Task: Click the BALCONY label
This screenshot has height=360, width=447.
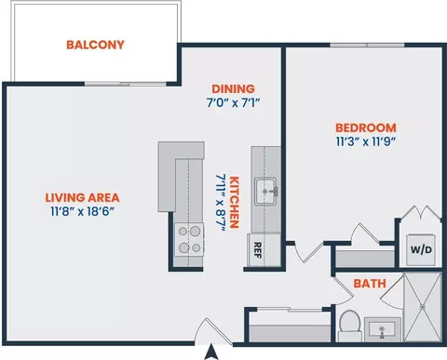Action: tap(95, 45)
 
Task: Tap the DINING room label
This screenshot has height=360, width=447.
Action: tap(234, 89)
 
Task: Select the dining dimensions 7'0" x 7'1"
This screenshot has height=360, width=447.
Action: tap(234, 102)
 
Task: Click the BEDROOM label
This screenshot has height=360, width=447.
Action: tap(366, 127)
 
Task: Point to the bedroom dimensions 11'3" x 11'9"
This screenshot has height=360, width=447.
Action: tap(366, 141)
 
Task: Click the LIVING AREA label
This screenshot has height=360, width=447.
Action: tap(82, 197)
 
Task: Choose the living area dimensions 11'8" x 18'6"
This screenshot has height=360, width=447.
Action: tap(82, 212)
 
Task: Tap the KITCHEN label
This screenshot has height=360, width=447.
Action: tap(235, 202)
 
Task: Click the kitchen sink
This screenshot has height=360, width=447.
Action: tap(265, 192)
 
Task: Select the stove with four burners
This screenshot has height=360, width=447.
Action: tap(189, 239)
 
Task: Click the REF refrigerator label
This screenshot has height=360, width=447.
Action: tap(258, 250)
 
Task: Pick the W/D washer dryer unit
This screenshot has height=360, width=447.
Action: tap(421, 250)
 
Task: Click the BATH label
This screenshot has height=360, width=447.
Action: tap(370, 284)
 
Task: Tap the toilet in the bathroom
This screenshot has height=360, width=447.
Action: tap(350, 326)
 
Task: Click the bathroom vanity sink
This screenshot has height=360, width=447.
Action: tap(383, 329)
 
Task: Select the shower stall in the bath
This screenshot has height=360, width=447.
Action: tap(423, 307)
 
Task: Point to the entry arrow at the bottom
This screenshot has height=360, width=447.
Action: tap(212, 352)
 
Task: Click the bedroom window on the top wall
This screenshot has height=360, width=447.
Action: tap(367, 46)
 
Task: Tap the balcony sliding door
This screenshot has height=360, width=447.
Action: tap(126, 84)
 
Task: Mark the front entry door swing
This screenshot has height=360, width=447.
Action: tap(212, 331)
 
